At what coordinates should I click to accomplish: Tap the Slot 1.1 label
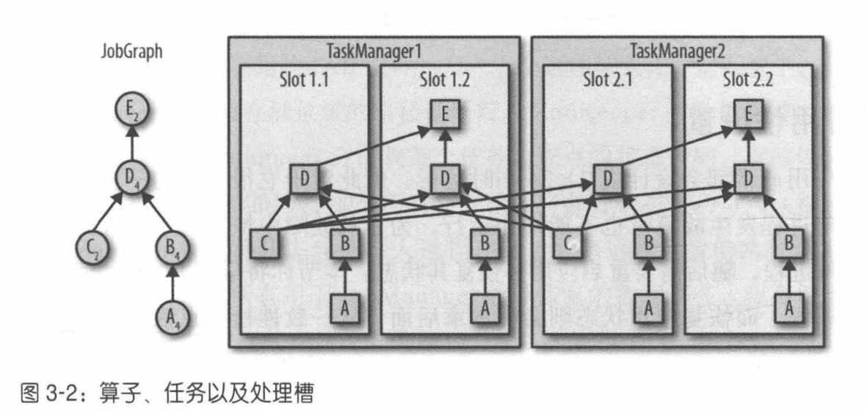pos(305,80)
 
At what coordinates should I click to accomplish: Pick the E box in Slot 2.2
pos(747,116)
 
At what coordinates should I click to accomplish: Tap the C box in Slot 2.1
pos(568,242)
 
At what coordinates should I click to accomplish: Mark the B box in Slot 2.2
pos(788,242)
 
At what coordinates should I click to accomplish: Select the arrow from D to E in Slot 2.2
pos(747,147)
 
